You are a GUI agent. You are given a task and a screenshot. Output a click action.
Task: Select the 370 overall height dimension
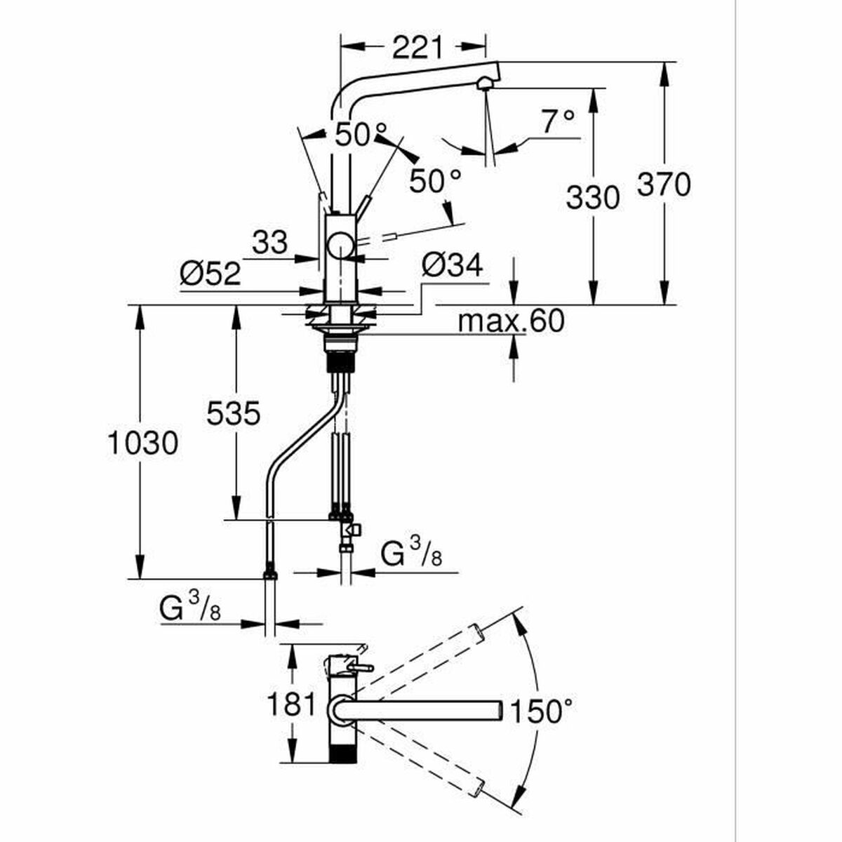pos(664,185)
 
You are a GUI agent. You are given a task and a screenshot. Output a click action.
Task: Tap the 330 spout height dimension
pos(592,197)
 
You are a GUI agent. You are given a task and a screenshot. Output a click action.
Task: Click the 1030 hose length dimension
pos(142,442)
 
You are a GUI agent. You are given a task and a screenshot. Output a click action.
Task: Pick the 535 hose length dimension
pos(234,413)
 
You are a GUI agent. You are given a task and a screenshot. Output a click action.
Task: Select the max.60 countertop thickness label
pos(511,321)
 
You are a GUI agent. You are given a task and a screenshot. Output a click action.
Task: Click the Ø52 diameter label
pos(210,274)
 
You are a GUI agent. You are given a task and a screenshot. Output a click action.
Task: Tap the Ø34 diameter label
pos(453,265)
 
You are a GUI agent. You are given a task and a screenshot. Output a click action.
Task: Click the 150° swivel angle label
pos(540,711)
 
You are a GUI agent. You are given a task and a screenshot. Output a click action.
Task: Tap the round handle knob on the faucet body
pos(341,246)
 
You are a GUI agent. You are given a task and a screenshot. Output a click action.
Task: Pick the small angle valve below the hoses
pos(351,531)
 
